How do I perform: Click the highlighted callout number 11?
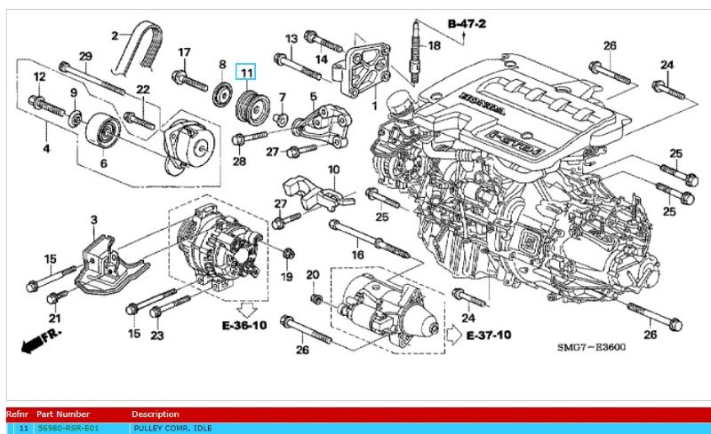[x=244, y=71]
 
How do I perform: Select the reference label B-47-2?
[x=467, y=23]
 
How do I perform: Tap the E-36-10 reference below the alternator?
[x=244, y=326]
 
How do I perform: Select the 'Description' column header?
[x=156, y=414]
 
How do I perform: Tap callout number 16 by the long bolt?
[x=357, y=255]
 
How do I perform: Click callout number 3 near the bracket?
[x=93, y=219]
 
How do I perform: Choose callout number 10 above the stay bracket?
[x=333, y=170]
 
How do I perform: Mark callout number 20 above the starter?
[x=312, y=275]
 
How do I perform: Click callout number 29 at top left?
[x=85, y=57]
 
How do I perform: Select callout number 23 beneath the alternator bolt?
[x=157, y=335]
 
